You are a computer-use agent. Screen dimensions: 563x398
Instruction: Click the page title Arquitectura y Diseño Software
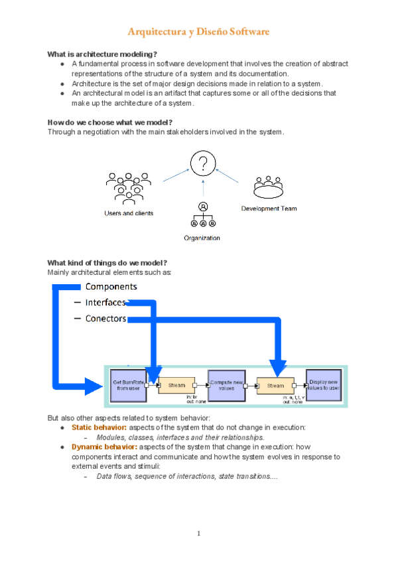pos(198,32)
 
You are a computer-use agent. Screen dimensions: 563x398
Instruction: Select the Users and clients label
pos(129,213)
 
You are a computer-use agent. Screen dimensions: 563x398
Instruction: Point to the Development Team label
pos(268,208)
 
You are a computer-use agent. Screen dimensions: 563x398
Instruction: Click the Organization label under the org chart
pos(202,238)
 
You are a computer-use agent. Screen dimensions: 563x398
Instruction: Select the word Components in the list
pos(111,286)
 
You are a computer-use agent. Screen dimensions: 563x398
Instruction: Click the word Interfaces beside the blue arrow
pos(105,302)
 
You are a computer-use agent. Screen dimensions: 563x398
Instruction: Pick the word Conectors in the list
pos(105,318)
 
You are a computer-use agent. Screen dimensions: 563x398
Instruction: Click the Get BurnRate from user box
pos(126,385)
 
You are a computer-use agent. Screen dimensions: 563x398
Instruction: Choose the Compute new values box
pos(227,385)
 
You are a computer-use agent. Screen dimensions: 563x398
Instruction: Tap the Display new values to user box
pos(324,385)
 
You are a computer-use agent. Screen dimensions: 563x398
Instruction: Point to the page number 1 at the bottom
pos(198,533)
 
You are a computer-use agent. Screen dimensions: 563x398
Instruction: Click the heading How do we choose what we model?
pos(109,121)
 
